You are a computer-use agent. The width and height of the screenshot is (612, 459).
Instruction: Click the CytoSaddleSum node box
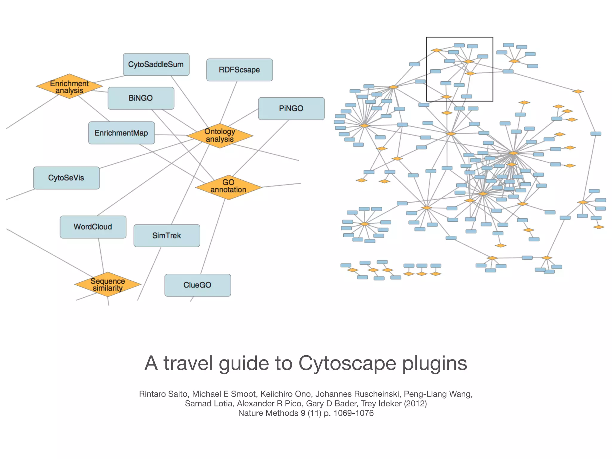click(156, 65)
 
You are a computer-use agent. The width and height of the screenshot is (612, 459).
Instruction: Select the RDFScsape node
click(239, 70)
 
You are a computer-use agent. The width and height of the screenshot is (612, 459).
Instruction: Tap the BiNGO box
click(141, 98)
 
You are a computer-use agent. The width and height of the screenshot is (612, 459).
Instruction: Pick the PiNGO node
click(291, 108)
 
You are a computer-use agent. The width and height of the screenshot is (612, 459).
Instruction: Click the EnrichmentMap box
click(121, 133)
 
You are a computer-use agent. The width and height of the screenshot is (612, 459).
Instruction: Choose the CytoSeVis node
click(66, 178)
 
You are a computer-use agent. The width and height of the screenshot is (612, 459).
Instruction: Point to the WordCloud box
click(93, 227)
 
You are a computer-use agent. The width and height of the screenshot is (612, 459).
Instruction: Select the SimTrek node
click(167, 236)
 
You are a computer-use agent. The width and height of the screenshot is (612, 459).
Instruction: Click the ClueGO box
click(198, 285)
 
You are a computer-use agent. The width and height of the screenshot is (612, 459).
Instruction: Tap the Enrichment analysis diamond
click(69, 87)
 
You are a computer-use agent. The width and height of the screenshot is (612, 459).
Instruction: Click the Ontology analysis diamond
click(220, 136)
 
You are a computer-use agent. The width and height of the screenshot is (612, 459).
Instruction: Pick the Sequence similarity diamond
click(108, 284)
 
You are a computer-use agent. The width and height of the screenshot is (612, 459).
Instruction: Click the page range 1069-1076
click(354, 413)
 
